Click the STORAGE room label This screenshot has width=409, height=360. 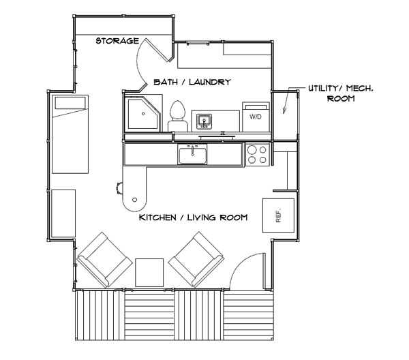coord(117,41)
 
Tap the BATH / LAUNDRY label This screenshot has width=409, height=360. coord(192,82)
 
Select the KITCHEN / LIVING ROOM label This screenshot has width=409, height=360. coord(194,217)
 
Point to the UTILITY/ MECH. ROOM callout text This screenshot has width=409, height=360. coord(341,93)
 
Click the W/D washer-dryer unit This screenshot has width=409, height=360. coord(256,117)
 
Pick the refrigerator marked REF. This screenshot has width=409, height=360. coord(278,215)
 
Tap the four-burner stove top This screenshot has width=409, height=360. coord(257,155)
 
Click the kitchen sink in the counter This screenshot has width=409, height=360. coord(192,154)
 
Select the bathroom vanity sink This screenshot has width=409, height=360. coord(204,121)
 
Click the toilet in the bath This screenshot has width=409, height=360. coord(178,116)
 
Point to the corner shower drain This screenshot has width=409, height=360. coord(143,114)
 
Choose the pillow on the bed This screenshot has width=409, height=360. coord(70,103)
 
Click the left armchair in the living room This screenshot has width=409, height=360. coord(104,260)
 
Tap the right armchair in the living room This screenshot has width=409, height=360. coord(196,259)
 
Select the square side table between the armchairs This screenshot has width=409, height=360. coord(149,273)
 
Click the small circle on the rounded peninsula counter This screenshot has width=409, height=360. coord(134,200)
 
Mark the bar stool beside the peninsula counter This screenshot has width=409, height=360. coord(119,188)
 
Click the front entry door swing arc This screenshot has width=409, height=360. coord(239,263)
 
